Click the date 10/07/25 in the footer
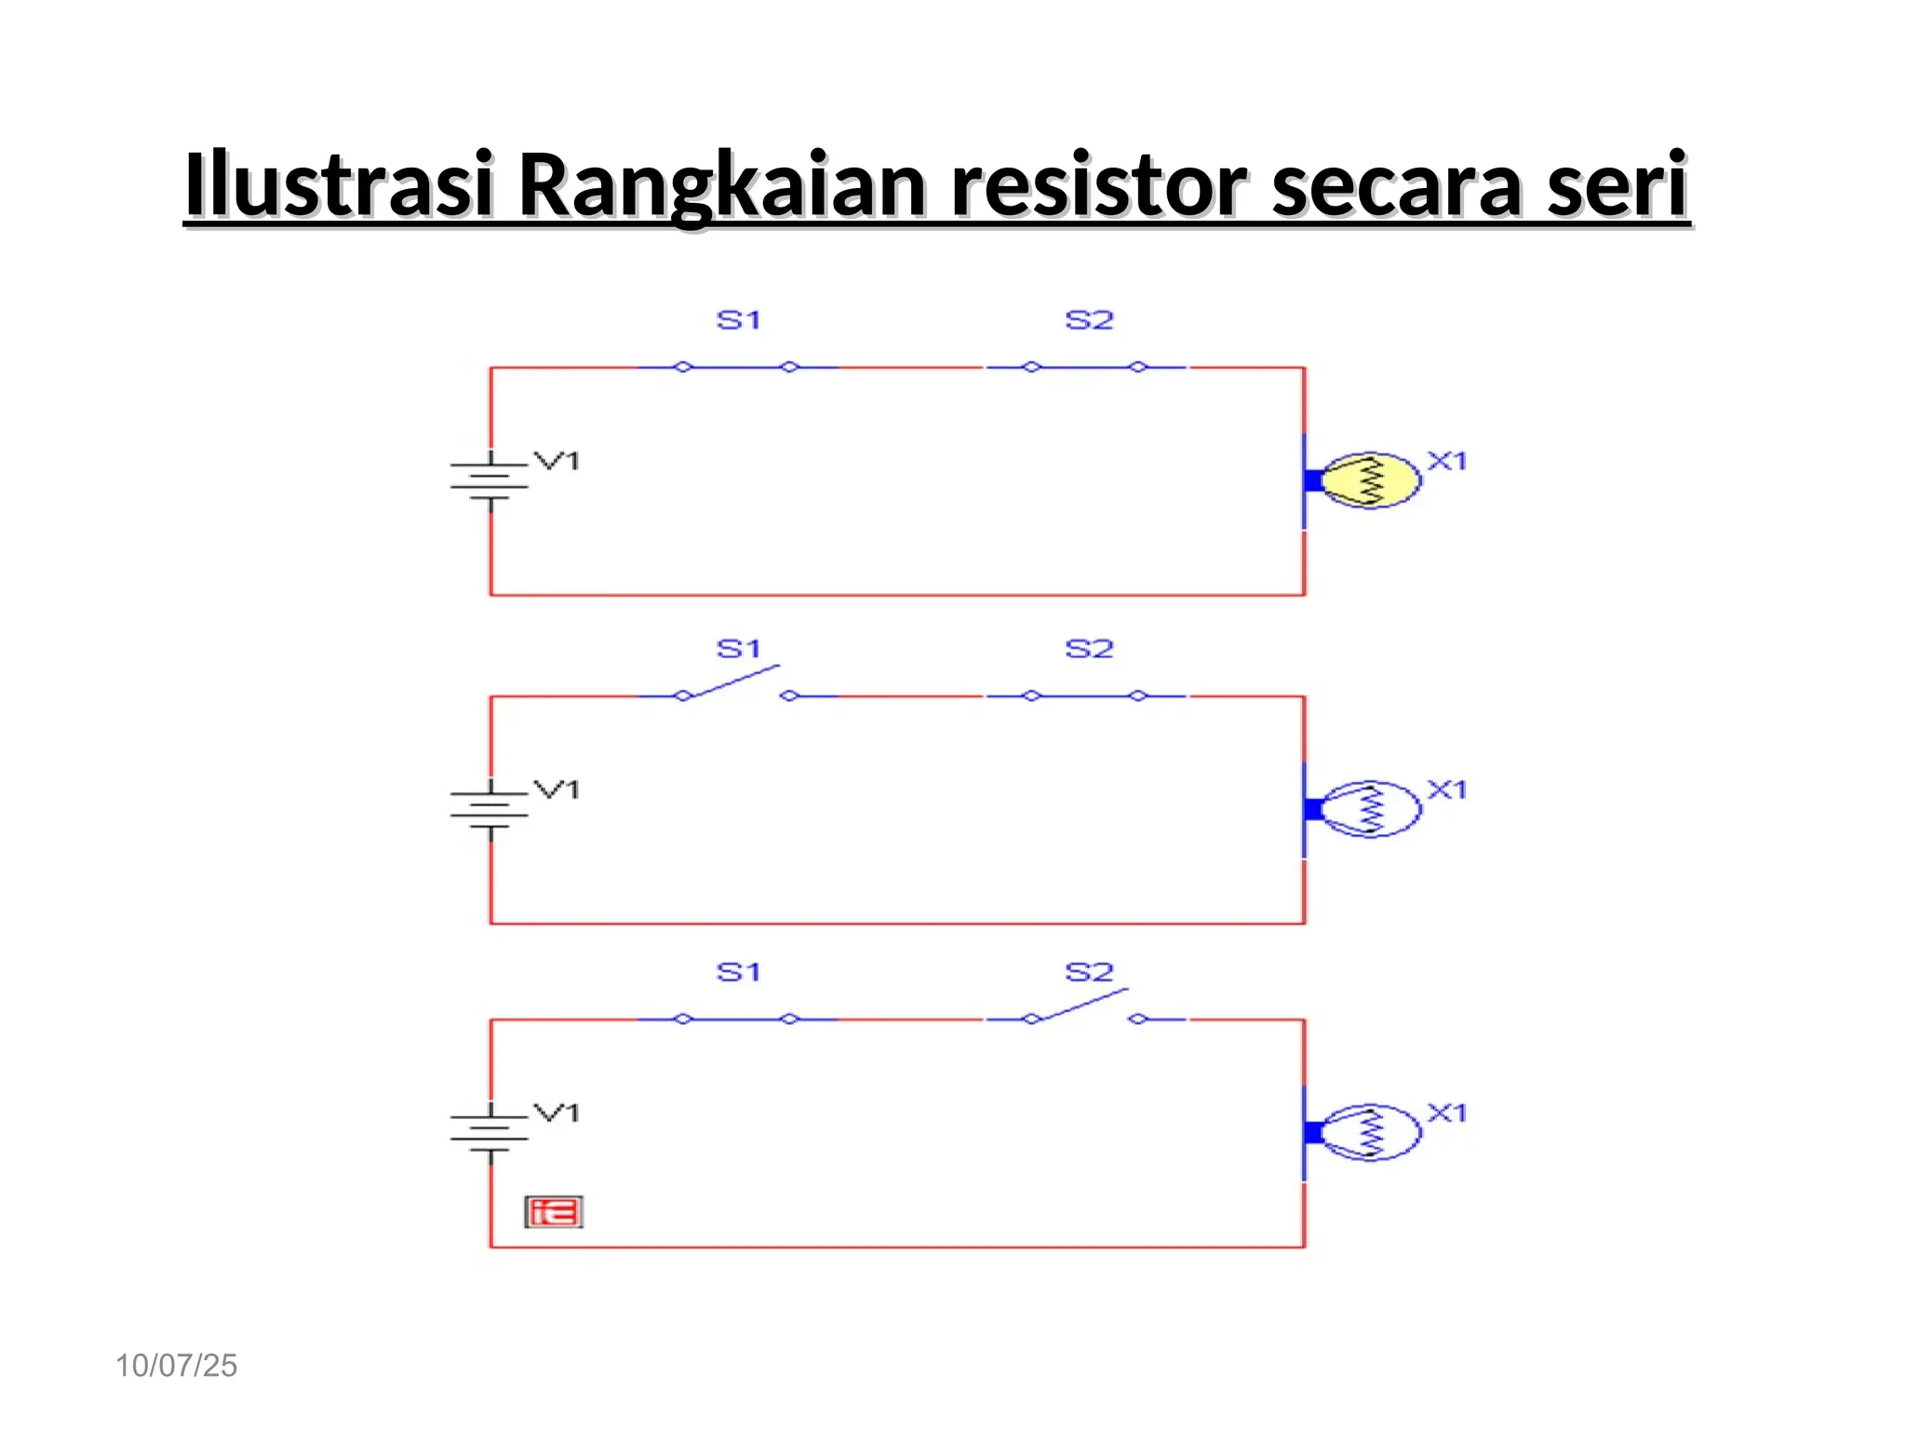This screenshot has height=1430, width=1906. coord(176,1366)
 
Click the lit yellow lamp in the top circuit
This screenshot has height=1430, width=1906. coord(1369,480)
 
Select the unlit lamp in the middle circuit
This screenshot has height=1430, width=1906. coord(1369,809)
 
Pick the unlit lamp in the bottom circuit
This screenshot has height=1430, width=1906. coord(1369,1132)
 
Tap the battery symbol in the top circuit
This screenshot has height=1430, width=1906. coord(490,480)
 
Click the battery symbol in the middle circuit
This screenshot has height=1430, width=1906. coord(490,809)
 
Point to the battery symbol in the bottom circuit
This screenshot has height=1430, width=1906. coord(490,1132)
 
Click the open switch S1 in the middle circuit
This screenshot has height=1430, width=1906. coord(736,685)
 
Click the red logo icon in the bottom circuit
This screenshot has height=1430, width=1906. coord(554,1212)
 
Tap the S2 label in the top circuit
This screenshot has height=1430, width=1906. coord(1089,320)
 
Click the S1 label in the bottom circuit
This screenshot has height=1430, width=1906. coord(738,973)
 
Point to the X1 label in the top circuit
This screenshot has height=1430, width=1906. coord(1447,461)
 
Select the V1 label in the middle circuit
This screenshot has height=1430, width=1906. coord(557,789)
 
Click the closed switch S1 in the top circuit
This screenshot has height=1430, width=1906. coord(736,368)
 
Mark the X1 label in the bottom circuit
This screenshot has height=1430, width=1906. coord(1447,1113)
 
